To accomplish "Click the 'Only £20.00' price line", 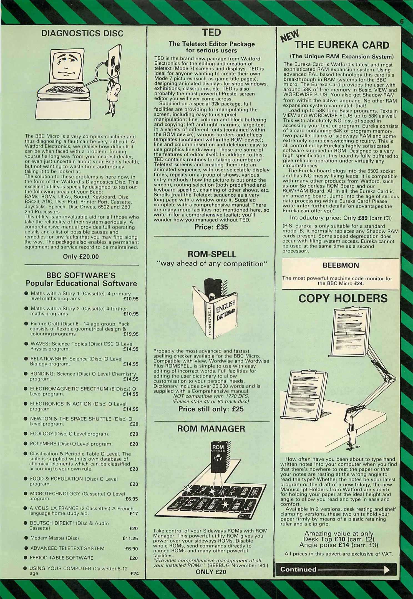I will pos(81,257).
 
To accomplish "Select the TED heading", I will pos(211,33).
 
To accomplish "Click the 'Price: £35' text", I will pos(211,227).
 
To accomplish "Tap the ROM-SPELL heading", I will pos(212,254).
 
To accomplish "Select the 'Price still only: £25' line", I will pos(211,409).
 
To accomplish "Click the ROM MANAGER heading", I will pos(211,429).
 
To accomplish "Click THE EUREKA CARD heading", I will pos(342,45).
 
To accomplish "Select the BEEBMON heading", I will pos(341,265).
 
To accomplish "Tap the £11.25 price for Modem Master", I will pos(130,538).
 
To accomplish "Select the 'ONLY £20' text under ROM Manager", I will pos(211,572).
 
